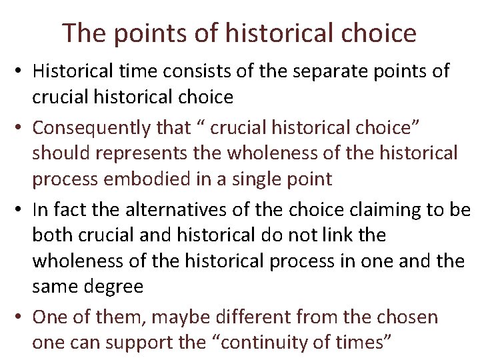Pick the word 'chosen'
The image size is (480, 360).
coord(409,317)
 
